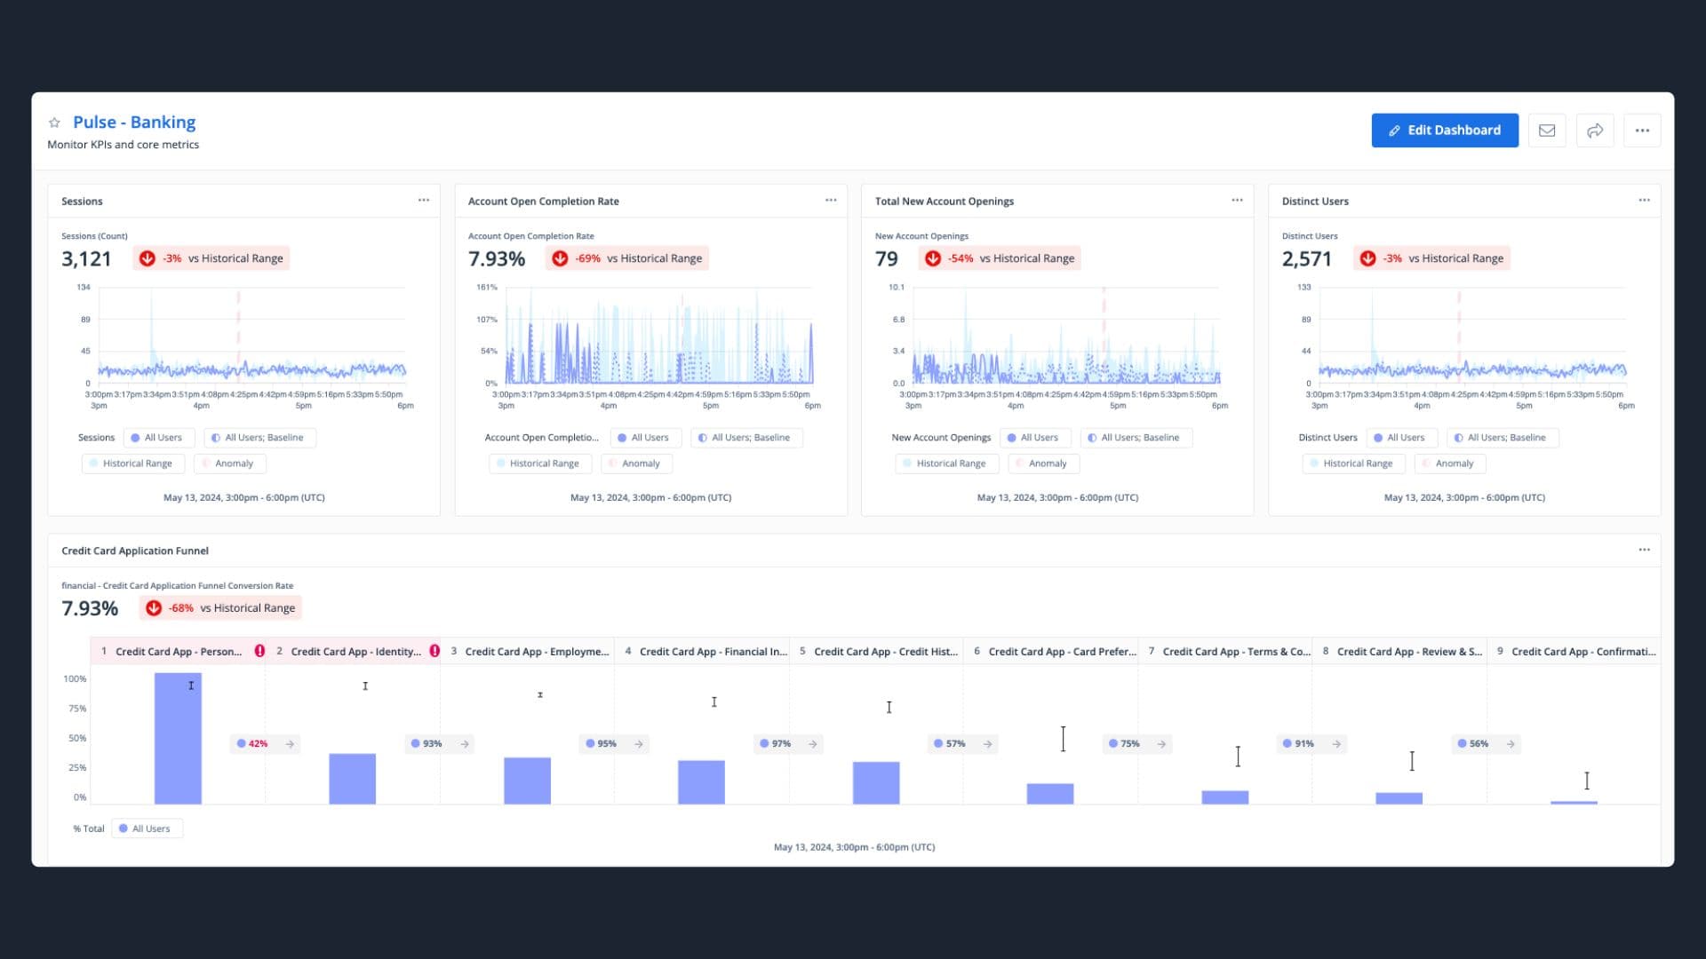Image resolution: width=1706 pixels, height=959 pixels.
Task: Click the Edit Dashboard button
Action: pyautogui.click(x=1444, y=131)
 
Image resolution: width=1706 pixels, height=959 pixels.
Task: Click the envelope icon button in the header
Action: pyautogui.click(x=1547, y=131)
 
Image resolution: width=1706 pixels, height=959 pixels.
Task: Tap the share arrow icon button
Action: pyautogui.click(x=1595, y=131)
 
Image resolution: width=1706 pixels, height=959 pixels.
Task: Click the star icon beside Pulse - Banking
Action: pyautogui.click(x=54, y=123)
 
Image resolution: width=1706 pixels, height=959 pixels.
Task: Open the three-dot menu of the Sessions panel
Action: pyautogui.click(x=424, y=201)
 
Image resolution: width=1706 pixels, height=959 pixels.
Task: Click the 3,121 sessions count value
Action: pyautogui.click(x=86, y=259)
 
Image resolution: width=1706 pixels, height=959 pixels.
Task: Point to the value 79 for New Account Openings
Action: pyautogui.click(x=886, y=259)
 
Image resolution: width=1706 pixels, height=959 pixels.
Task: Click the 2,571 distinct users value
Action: pyautogui.click(x=1306, y=259)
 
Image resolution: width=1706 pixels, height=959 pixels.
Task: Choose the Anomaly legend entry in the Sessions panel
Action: pyautogui.click(x=230, y=464)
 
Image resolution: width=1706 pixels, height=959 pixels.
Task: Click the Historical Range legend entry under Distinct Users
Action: pyautogui.click(x=1353, y=464)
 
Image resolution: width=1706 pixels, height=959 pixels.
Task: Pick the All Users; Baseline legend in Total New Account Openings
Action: pyautogui.click(x=1136, y=438)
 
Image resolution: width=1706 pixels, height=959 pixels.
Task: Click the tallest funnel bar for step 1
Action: pyautogui.click(x=178, y=739)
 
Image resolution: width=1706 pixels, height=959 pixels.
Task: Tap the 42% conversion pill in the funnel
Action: pyautogui.click(x=258, y=744)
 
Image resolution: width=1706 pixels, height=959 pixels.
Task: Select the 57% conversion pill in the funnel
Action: pyautogui.click(x=955, y=744)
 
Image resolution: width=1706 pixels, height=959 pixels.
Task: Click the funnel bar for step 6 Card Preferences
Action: pyautogui.click(x=1049, y=794)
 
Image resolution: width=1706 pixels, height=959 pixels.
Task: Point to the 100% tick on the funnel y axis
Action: pyautogui.click(x=75, y=679)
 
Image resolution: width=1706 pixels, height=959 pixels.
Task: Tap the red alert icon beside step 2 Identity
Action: pyautogui.click(x=434, y=651)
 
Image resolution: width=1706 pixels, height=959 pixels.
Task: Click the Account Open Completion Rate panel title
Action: pyautogui.click(x=543, y=202)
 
